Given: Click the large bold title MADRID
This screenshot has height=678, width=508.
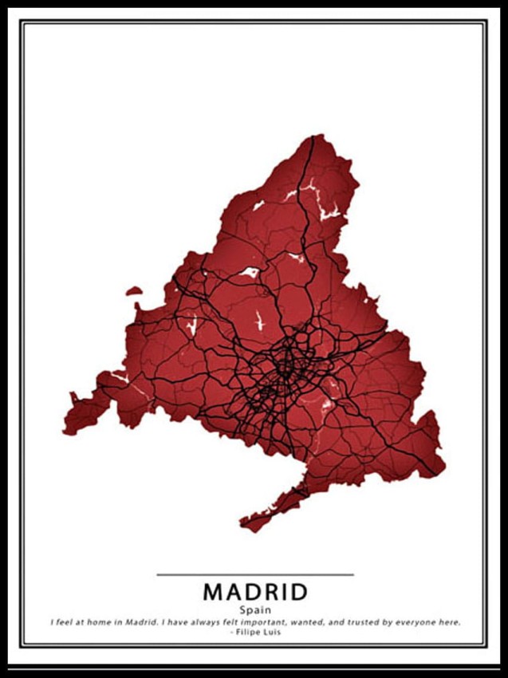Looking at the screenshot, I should [254, 592].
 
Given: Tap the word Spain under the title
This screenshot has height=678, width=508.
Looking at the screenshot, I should [254, 610].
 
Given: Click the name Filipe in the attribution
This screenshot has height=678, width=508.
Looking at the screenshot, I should [245, 632].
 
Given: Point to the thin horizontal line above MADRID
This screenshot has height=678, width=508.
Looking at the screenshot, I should [254, 574].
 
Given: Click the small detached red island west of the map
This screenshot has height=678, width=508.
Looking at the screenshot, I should [134, 291].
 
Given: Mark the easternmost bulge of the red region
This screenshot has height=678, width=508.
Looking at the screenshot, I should [440, 447].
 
